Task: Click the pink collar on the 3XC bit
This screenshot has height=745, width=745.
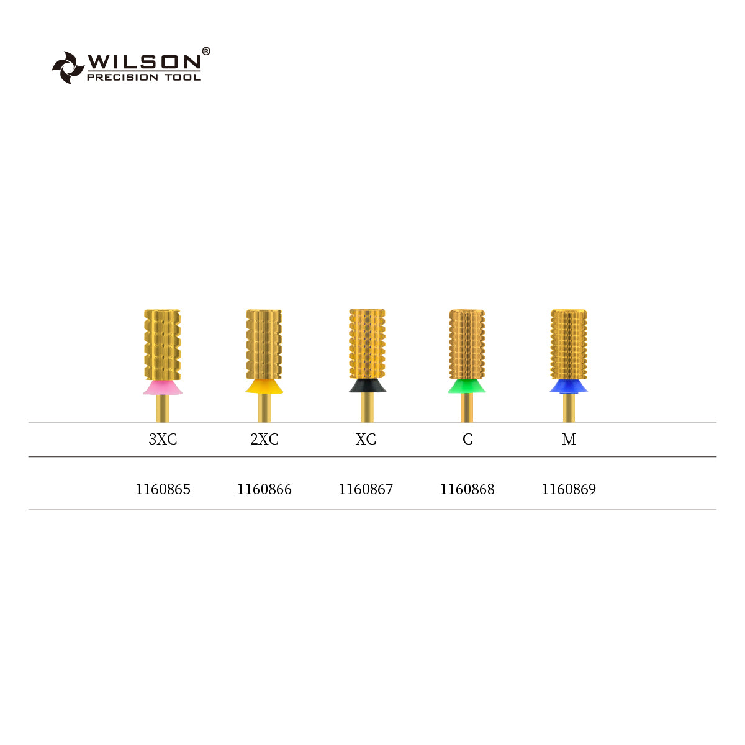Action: [x=163, y=388]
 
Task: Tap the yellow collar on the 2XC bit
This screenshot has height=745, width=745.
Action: [x=264, y=387]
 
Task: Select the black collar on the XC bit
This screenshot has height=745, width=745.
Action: [x=367, y=386]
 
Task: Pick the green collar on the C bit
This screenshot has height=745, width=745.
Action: [x=467, y=387]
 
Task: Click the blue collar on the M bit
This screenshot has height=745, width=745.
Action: [x=569, y=387]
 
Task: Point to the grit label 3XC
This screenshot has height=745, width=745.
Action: [x=163, y=440]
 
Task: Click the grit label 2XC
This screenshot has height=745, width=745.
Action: [x=264, y=440]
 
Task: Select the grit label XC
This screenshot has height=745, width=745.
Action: [x=366, y=440]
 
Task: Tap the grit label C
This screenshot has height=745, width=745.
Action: [x=467, y=440]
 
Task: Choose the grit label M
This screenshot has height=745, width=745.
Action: [x=569, y=440]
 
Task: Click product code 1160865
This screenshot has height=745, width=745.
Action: [x=163, y=489]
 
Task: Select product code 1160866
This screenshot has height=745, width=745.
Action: [x=264, y=489]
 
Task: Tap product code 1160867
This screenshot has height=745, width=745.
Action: [x=366, y=489]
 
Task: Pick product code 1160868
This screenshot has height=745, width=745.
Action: [x=467, y=489]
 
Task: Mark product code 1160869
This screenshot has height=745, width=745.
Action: [x=569, y=489]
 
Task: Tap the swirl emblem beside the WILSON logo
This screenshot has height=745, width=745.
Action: [x=67, y=67]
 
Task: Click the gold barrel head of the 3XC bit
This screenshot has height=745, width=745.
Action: [x=163, y=345]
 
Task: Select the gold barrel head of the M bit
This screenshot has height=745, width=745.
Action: [x=569, y=345]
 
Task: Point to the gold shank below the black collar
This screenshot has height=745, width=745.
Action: [x=367, y=408]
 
